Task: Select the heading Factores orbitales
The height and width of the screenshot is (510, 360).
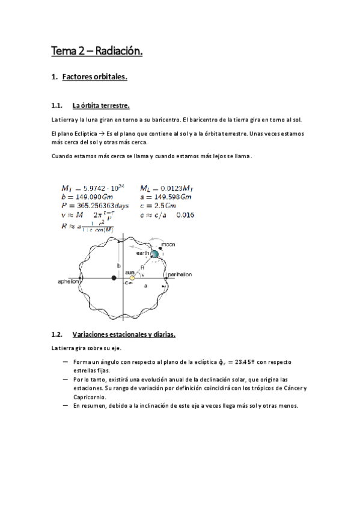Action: click(x=94, y=77)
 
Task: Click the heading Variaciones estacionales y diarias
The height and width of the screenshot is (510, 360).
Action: click(x=123, y=334)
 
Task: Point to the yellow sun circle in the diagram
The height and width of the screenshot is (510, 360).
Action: click(x=132, y=277)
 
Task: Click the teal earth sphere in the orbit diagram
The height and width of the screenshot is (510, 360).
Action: click(x=154, y=254)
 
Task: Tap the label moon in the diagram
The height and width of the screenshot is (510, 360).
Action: click(x=168, y=245)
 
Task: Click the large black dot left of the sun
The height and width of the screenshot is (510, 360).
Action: click(x=114, y=277)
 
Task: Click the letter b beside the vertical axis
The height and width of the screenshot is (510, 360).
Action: click(x=119, y=265)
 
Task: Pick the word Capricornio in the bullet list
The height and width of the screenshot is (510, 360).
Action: click(x=90, y=397)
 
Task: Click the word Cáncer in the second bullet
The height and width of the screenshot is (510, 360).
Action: click(x=291, y=388)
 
